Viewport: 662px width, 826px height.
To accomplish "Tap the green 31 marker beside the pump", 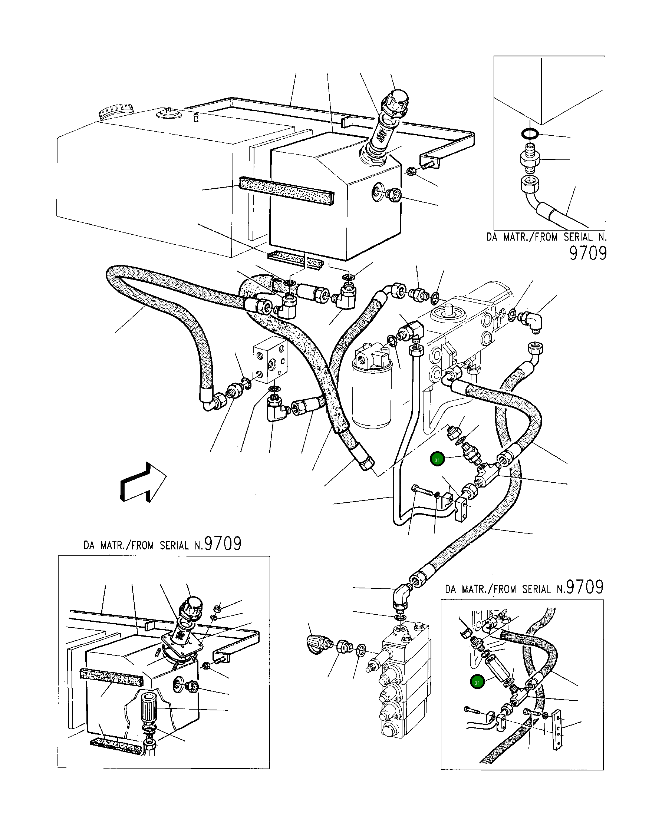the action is click(x=437, y=460).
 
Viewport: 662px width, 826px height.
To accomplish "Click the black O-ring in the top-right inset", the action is click(x=530, y=134).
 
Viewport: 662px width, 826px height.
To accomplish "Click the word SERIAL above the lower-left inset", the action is click(x=175, y=546).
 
